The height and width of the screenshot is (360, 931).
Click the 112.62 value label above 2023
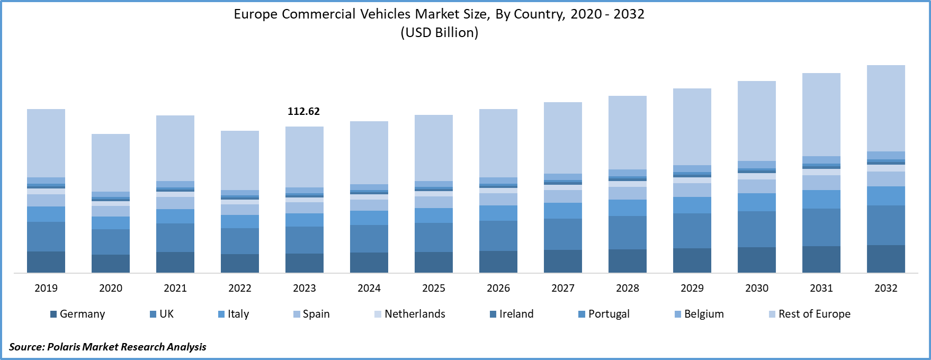tap(303, 111)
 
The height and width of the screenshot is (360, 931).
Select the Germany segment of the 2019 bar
tap(46, 262)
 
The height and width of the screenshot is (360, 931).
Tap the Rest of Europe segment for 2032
tap(885, 109)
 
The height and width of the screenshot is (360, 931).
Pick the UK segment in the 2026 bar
tap(498, 236)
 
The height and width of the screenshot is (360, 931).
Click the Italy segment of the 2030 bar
tap(756, 202)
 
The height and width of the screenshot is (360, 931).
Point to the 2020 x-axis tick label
tap(111, 288)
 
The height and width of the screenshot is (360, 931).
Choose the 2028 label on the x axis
tap(628, 288)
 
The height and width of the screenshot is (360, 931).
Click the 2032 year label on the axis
tap(885, 288)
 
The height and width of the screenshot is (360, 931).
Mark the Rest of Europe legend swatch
tap(772, 314)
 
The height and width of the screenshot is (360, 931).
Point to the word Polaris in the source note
tap(63, 347)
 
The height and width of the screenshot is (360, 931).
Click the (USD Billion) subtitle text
tap(439, 33)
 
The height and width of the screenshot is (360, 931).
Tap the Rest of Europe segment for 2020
tap(111, 163)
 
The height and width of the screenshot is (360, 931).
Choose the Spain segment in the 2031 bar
tap(821, 183)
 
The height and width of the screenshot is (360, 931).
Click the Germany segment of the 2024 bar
tap(369, 263)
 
